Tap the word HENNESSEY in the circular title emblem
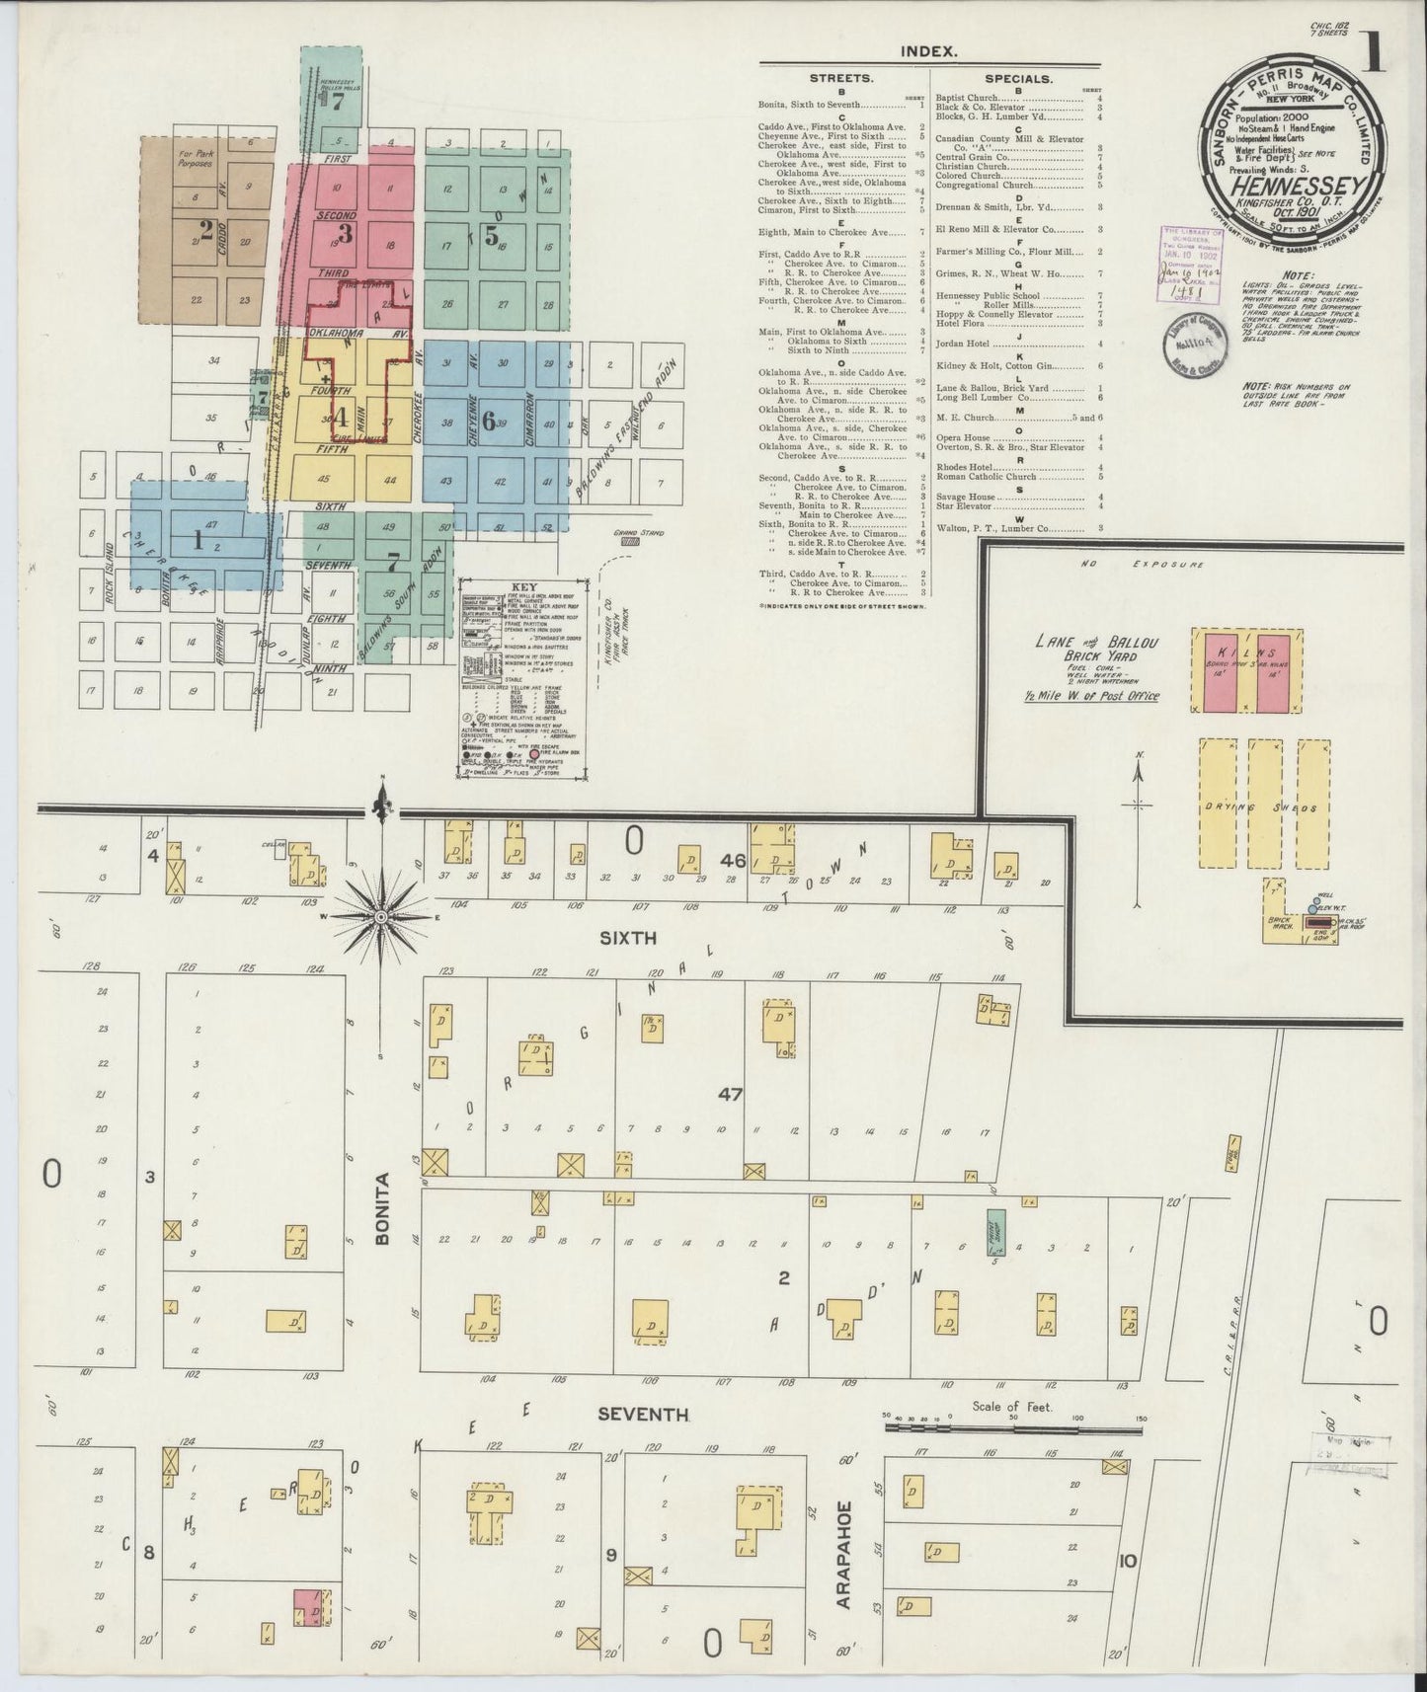(1296, 187)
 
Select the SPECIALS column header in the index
(1018, 77)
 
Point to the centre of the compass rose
(380, 917)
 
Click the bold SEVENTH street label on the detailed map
(643, 1415)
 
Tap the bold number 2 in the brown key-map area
(205, 230)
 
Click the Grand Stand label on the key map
(629, 533)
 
